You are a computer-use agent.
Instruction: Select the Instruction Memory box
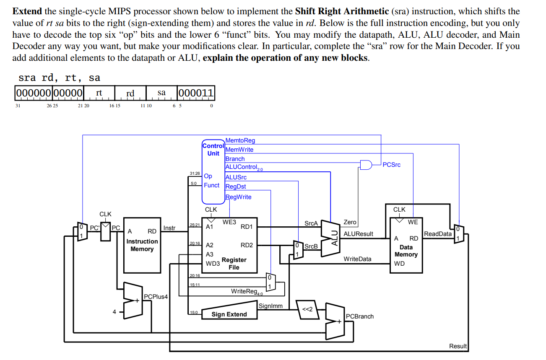click(x=142, y=245)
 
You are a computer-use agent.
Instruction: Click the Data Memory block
click(x=406, y=245)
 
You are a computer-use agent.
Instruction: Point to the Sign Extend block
click(x=229, y=314)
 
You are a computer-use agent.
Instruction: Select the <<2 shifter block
click(x=307, y=309)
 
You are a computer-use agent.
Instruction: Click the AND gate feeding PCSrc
click(x=366, y=165)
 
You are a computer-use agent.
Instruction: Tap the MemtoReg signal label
click(x=240, y=141)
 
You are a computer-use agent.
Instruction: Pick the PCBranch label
click(x=359, y=316)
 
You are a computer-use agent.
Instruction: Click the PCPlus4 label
click(x=156, y=297)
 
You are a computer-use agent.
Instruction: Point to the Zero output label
click(x=350, y=223)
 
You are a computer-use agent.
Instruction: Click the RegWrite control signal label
click(x=238, y=197)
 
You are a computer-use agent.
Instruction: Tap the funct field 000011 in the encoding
click(x=196, y=93)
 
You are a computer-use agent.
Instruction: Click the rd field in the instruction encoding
click(x=130, y=93)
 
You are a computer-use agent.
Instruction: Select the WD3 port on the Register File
click(x=213, y=264)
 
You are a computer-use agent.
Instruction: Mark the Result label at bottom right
click(x=458, y=346)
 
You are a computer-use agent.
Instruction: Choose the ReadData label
click(x=437, y=234)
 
